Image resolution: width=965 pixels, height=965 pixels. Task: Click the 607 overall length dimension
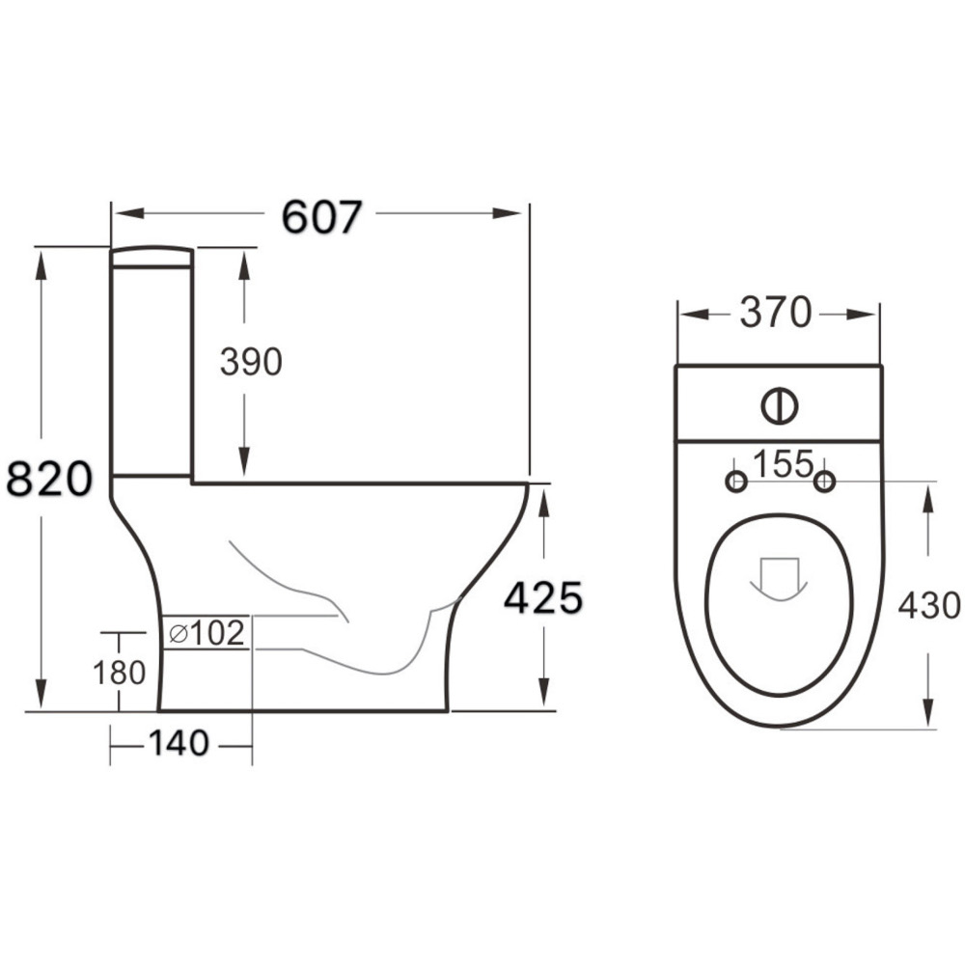pyautogui.click(x=321, y=217)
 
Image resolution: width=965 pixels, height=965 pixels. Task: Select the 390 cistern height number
pyautogui.click(x=250, y=362)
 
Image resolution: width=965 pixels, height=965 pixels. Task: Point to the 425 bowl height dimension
pyautogui.click(x=543, y=599)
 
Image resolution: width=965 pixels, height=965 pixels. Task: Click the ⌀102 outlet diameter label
pyautogui.click(x=206, y=634)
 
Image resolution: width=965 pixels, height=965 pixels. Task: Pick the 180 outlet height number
pyautogui.click(x=119, y=672)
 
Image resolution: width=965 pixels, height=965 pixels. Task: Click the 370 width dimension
pyautogui.click(x=776, y=313)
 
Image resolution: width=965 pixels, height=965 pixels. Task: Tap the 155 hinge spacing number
pyautogui.click(x=783, y=464)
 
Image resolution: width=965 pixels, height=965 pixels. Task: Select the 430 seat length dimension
pyautogui.click(x=928, y=605)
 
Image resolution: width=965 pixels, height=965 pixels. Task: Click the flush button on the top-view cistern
pyautogui.click(x=779, y=406)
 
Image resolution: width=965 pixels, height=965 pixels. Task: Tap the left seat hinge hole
pyautogui.click(x=736, y=481)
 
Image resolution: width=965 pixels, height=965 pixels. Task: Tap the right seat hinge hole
pyautogui.click(x=823, y=481)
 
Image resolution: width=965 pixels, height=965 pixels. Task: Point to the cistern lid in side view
pyautogui.click(x=152, y=256)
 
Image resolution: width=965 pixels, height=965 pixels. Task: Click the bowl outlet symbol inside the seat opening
pyautogui.click(x=779, y=577)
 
